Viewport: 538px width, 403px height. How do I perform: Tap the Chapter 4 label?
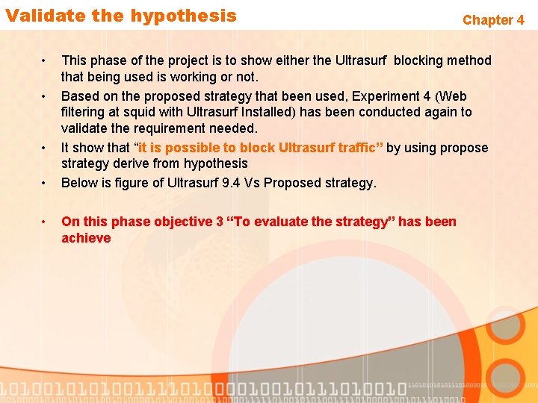pyautogui.click(x=493, y=20)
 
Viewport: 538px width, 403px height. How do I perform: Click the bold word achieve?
pyautogui.click(x=86, y=238)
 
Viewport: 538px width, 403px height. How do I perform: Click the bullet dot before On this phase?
pyautogui.click(x=46, y=222)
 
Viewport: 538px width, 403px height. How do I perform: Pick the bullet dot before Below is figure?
pyautogui.click(x=46, y=183)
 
